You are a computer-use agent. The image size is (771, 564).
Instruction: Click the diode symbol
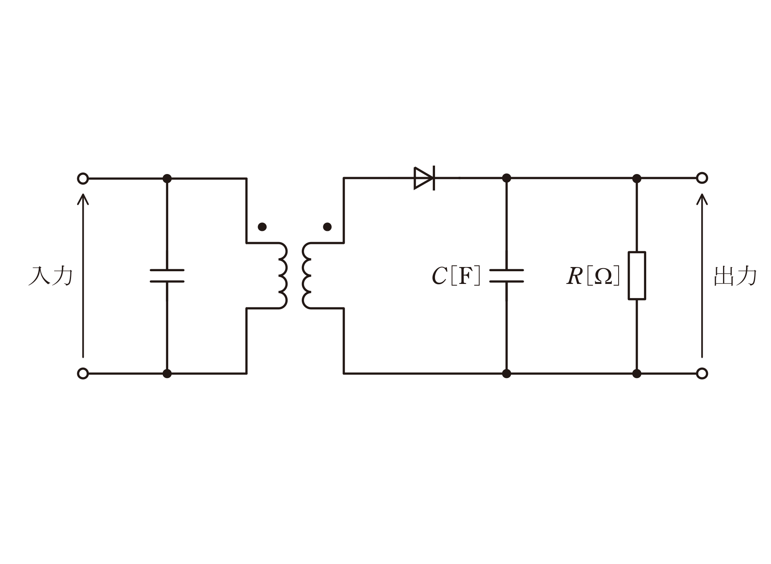424,178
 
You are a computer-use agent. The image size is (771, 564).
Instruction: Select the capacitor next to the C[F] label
506,276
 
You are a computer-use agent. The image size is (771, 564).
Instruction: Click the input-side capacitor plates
167,276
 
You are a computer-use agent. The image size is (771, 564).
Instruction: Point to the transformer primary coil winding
283,275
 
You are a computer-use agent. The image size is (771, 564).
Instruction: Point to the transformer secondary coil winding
307,275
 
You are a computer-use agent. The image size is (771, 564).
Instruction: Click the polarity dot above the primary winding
262,227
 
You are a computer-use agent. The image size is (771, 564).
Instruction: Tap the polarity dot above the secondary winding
327,227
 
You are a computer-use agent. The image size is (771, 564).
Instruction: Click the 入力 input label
50,276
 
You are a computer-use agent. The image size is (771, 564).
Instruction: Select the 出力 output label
735,276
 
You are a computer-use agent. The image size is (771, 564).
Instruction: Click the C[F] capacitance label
456,276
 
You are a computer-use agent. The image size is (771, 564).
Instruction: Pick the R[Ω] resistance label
593,276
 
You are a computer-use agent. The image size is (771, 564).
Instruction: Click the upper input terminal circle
83,179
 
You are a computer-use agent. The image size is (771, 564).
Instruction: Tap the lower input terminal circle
83,373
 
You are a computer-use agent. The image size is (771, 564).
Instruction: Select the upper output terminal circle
702,178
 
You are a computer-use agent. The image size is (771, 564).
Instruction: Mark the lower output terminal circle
702,373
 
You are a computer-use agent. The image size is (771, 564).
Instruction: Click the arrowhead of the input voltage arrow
83,194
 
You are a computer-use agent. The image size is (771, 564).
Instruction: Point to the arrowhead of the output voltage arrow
702,194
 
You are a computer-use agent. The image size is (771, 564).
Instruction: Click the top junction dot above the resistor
637,178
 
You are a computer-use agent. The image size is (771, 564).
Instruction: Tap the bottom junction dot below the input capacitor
167,373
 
